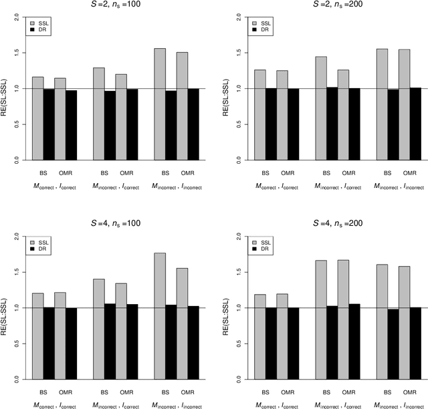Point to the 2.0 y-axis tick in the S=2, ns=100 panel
pyautogui.click(x=16, y=16)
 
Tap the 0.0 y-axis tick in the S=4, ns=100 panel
pyautogui.click(x=16, y=379)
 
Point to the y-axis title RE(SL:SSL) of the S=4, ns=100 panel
pyautogui.click(x=6, y=308)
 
